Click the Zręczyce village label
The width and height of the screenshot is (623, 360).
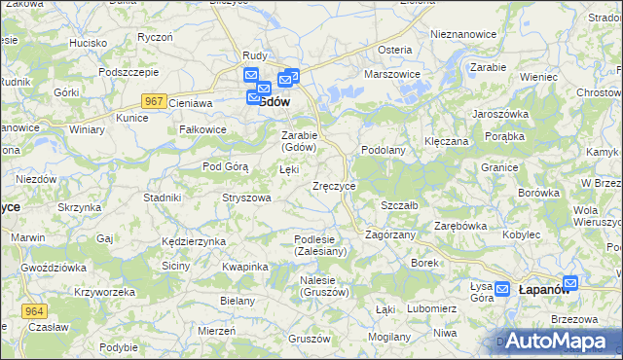click(x=334, y=185)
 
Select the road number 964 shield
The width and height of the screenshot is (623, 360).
click(x=33, y=309)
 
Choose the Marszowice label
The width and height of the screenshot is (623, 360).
click(x=391, y=74)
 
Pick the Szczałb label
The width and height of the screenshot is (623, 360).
click(x=399, y=205)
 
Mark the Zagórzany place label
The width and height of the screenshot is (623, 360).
click(x=390, y=234)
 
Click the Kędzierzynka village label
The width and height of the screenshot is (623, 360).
click(x=195, y=240)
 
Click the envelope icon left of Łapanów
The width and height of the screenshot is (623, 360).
click(x=502, y=288)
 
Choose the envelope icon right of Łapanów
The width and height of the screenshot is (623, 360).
click(x=570, y=283)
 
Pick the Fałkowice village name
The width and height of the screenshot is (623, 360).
click(x=203, y=129)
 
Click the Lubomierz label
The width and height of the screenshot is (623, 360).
click(x=406, y=308)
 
